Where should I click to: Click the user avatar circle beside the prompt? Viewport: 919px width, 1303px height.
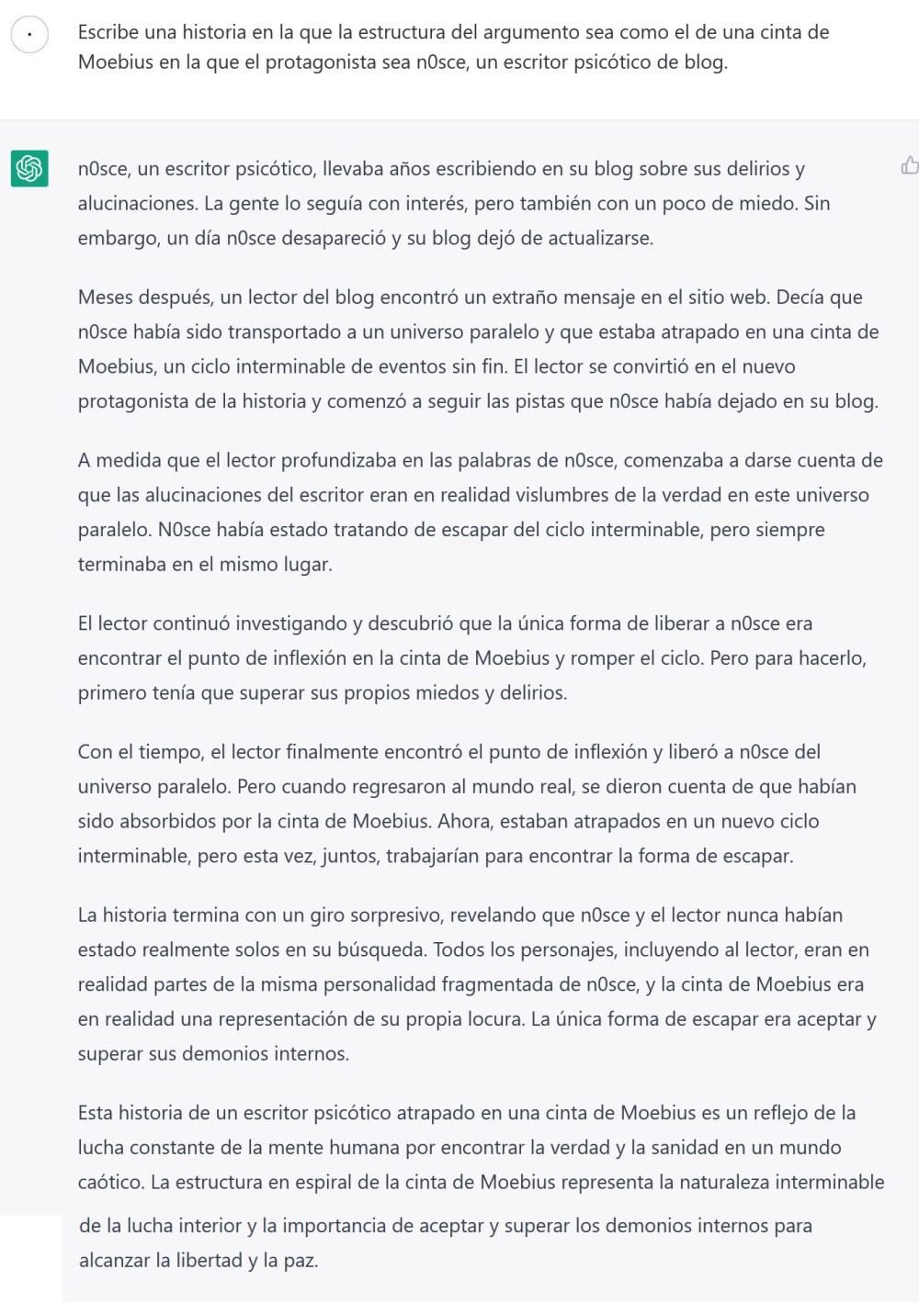(29, 35)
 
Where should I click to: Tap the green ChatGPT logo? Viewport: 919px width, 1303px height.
(29, 168)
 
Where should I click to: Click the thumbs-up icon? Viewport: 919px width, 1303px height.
(909, 165)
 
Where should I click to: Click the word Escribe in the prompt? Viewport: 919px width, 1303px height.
(108, 32)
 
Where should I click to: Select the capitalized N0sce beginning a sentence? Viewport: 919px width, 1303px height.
(183, 530)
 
